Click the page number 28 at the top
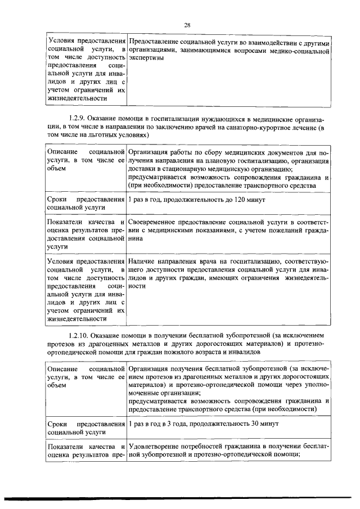click(x=188, y=24)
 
